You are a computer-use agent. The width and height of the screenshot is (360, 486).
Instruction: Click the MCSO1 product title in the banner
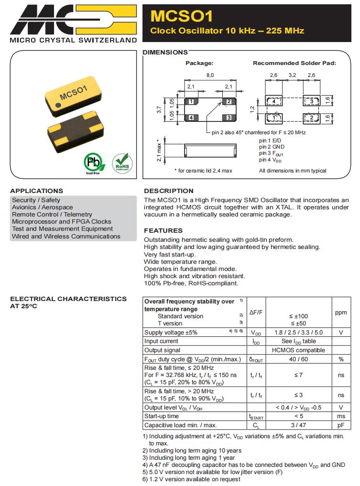(181, 16)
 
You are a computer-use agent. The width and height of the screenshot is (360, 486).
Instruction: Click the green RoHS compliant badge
(121, 162)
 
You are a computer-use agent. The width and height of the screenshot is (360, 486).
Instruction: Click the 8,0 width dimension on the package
(210, 75)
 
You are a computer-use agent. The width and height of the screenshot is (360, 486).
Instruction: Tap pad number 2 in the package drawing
(229, 101)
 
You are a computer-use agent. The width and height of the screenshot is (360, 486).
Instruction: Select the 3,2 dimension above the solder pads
(293, 75)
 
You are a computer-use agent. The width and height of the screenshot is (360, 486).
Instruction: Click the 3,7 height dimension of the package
(160, 109)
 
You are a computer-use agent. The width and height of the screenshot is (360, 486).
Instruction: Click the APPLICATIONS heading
(36, 191)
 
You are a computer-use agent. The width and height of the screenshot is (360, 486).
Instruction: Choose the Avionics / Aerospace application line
(43, 207)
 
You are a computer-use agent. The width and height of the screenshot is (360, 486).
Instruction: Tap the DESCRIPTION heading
(169, 191)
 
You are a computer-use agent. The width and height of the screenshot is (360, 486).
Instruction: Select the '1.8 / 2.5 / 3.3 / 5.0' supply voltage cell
(299, 333)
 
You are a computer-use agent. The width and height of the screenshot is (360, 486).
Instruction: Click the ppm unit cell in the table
(341, 313)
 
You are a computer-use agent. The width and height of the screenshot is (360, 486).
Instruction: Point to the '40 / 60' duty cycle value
(299, 359)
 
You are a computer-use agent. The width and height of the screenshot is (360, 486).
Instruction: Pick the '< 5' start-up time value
(299, 416)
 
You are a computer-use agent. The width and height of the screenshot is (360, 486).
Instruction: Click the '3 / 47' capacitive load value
(299, 425)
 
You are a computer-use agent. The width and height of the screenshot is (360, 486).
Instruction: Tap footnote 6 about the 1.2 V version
(192, 479)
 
